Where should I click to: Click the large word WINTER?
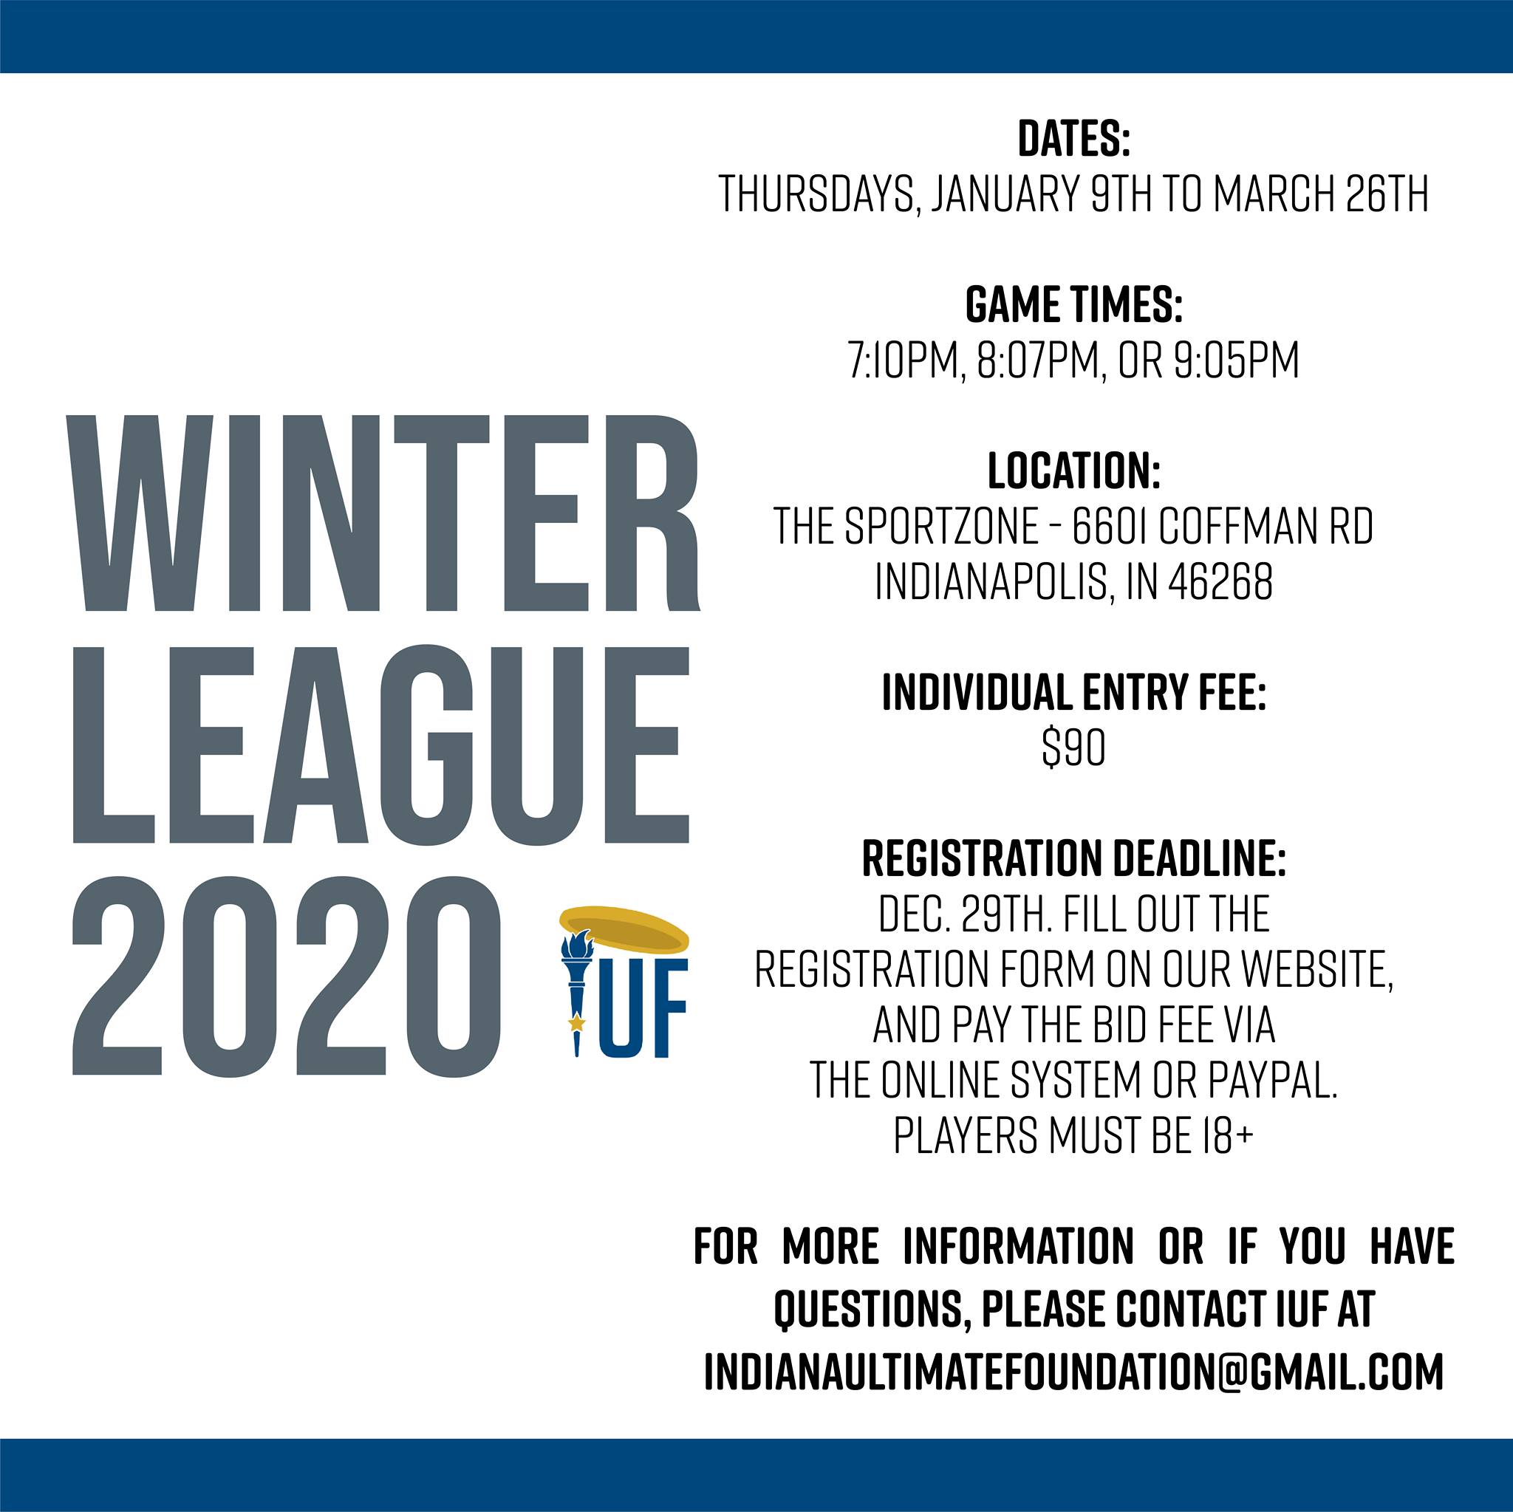tap(386, 513)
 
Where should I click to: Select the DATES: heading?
tap(1073, 139)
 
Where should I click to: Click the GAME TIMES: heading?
tap(1073, 304)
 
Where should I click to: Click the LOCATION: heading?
tap(1073, 471)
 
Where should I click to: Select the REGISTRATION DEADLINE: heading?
tap(1073, 859)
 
